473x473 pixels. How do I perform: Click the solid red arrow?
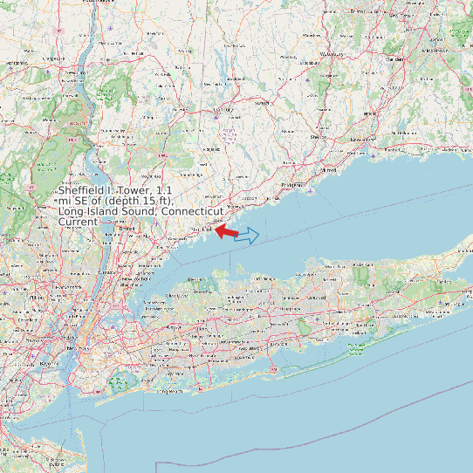pos(226,231)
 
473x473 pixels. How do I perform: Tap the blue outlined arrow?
pos(248,236)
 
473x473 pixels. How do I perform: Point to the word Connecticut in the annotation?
pos(193,211)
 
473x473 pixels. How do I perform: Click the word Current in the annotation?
pos(78,223)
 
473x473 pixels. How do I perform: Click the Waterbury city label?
pos(332,54)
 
